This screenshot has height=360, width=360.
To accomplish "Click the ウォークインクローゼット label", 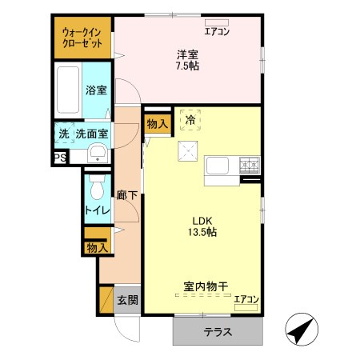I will coord(82,37).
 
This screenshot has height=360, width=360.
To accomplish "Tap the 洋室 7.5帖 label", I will coord(188,60).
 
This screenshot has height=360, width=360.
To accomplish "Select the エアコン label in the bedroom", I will coord(216,32).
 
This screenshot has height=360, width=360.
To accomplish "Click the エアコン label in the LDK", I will coord(246,299).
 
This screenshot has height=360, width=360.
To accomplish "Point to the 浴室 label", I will coord(96,90).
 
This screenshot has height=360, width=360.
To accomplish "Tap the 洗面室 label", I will coord(92,134).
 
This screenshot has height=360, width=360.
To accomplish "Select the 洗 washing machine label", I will coord(63,134).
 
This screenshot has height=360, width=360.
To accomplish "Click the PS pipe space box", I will coord(59,158).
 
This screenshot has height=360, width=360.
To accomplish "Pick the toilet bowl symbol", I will coord(98,189).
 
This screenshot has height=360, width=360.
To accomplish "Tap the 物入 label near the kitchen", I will coord(157,123).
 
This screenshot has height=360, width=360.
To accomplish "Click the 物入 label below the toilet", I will coord(96,248).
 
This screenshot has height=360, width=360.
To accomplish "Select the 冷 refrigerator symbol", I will coord(190,120).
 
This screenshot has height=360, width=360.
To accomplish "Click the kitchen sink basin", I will coord(218,166).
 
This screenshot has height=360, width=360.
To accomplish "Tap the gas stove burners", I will coord(250,166).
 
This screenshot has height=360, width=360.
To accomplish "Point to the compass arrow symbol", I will coord(301,329).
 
